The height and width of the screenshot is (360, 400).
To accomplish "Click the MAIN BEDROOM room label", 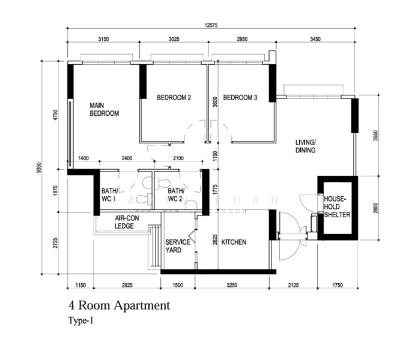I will point(104,108).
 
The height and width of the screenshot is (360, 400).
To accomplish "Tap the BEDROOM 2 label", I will point(174,98).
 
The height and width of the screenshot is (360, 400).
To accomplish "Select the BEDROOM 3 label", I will point(240,98).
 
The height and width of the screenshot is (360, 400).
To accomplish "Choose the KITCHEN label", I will point(234,242).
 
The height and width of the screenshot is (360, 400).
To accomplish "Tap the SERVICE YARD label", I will point(178,246).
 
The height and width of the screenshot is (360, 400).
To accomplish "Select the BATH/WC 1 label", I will point(110,195).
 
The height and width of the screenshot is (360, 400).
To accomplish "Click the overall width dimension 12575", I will point(210,25).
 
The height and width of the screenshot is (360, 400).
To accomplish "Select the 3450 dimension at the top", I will point(315,40).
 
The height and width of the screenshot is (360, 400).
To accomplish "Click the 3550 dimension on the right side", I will point(376,136).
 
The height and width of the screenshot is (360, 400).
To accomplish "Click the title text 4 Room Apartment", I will point(119,306).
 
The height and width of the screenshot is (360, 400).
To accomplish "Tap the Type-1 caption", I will point(81,321).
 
